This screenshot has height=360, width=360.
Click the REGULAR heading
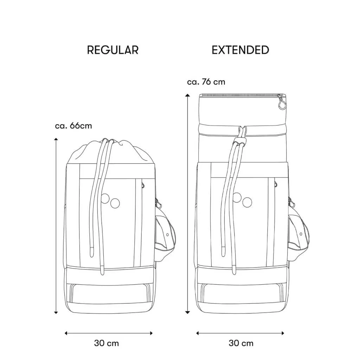point(113,50)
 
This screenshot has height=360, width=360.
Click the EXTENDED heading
point(240,50)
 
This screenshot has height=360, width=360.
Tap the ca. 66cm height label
point(73,126)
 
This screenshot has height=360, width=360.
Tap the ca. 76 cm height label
point(206,82)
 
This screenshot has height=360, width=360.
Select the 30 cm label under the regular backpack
point(107,343)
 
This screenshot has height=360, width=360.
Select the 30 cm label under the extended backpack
point(241,343)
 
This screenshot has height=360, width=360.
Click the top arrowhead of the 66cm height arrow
point(56,139)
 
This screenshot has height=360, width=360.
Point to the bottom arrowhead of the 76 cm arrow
point(188,312)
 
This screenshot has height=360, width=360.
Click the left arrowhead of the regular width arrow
point(66,333)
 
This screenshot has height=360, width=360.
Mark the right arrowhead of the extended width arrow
point(283,333)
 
